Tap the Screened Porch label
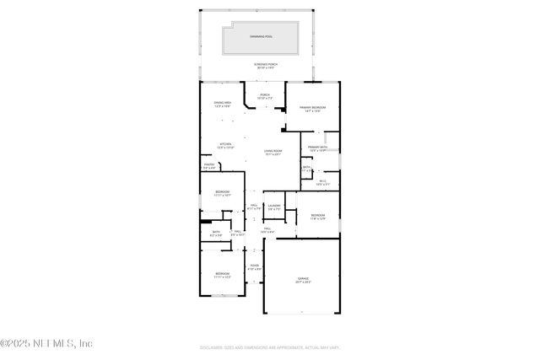(x=266, y=67)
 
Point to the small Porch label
(x=264, y=97)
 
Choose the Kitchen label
(x=225, y=146)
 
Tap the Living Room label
(x=272, y=153)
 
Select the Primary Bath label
(x=317, y=149)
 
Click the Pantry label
(x=208, y=167)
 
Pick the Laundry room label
(x=273, y=207)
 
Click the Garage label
(x=302, y=280)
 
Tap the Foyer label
(x=254, y=268)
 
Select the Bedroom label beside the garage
(x=317, y=218)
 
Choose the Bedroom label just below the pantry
(x=222, y=195)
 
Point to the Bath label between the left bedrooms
(x=216, y=234)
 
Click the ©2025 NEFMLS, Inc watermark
(x=46, y=343)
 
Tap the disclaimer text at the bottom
(x=270, y=347)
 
